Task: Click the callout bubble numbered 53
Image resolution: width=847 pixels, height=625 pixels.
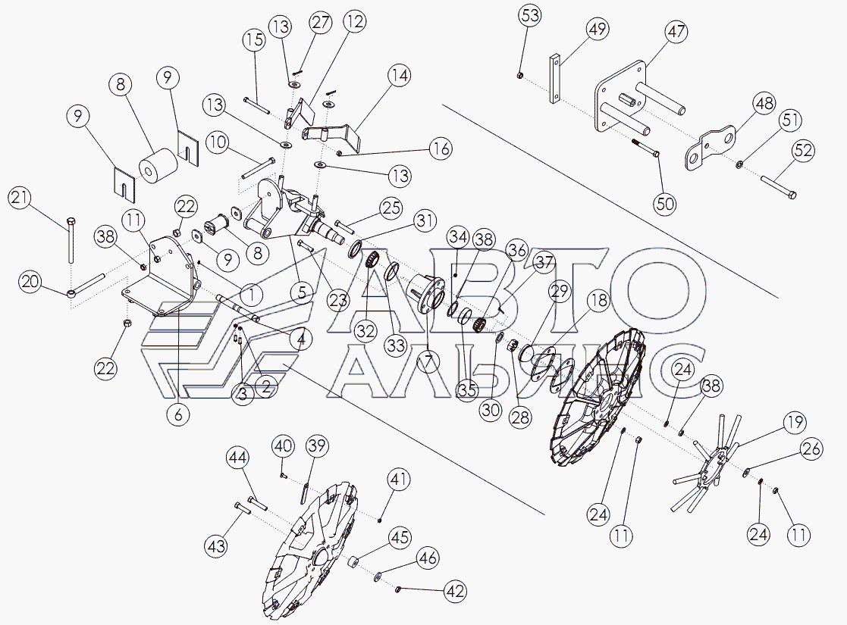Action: pyautogui.click(x=529, y=15)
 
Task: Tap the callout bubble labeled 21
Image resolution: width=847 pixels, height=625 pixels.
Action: pyautogui.click(x=20, y=198)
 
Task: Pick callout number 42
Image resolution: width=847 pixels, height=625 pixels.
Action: pyautogui.click(x=455, y=592)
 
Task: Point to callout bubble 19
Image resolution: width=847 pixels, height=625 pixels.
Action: pyautogui.click(x=795, y=422)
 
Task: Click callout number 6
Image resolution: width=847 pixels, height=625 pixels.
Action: pyautogui.click(x=179, y=414)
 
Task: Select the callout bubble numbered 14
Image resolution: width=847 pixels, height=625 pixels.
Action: pyautogui.click(x=398, y=75)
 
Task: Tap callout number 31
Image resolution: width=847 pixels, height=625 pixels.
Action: pyautogui.click(x=425, y=220)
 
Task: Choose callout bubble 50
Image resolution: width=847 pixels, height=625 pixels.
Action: pyautogui.click(x=664, y=204)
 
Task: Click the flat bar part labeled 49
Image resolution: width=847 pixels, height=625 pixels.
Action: pyautogui.click(x=555, y=78)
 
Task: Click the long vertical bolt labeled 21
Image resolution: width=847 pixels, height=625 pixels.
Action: pyautogui.click(x=71, y=239)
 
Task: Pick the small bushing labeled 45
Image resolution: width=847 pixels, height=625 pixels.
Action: pyautogui.click(x=353, y=561)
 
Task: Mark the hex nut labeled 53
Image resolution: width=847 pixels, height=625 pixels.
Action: pyautogui.click(x=519, y=75)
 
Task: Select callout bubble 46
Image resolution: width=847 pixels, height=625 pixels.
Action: pyautogui.click(x=428, y=559)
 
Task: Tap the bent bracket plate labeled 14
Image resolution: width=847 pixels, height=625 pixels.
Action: pyautogui.click(x=331, y=136)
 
